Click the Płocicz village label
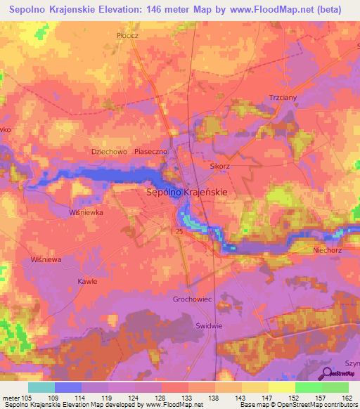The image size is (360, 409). (129, 34)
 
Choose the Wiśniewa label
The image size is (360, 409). (46, 259)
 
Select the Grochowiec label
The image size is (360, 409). (192, 299)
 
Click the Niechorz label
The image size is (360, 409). (327, 249)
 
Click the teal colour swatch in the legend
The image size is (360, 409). (41, 387)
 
